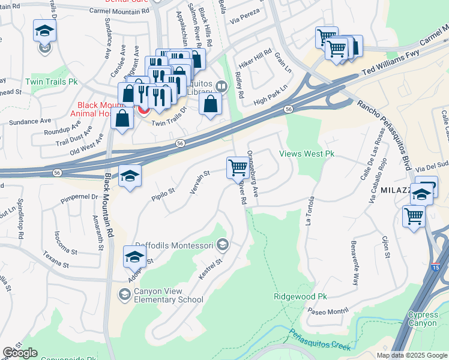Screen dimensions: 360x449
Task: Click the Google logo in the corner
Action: coord(20,353)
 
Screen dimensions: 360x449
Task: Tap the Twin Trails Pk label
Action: coord(52,81)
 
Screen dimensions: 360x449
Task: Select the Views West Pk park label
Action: coord(307,154)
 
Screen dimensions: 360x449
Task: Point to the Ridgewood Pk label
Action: coord(300,296)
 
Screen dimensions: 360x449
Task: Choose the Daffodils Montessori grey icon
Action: coord(223,244)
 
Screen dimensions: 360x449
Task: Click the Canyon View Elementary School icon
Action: coord(125,293)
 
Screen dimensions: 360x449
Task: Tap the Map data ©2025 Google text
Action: coord(411,355)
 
